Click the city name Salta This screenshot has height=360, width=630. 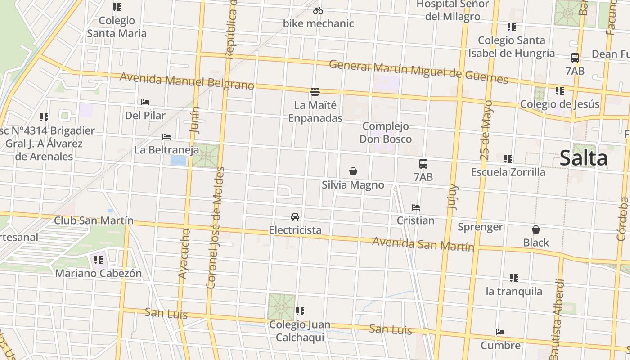pyautogui.click(x=584, y=158)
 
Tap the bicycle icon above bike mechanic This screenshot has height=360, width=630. pyautogui.click(x=318, y=10)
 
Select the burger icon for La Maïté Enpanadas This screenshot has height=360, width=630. pyautogui.click(x=315, y=92)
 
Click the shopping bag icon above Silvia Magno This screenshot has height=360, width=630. pyautogui.click(x=353, y=171)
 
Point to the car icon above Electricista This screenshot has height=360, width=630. pyautogui.click(x=295, y=216)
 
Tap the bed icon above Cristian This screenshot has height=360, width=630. pyautogui.click(x=415, y=207)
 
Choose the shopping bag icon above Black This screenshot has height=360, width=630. pyautogui.click(x=536, y=229)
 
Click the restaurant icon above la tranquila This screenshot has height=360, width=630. pyautogui.click(x=514, y=278)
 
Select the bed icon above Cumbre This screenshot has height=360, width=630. pyautogui.click(x=500, y=332)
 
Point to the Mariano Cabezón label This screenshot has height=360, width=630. pyautogui.click(x=98, y=273)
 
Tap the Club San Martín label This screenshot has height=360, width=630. pyautogui.click(x=94, y=220)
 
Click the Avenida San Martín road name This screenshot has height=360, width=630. pyautogui.click(x=423, y=244)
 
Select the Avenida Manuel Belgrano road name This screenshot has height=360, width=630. pyautogui.click(x=187, y=81)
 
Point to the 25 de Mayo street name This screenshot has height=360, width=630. pyautogui.click(x=486, y=130)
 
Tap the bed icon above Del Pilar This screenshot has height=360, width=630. pyautogui.click(x=145, y=102)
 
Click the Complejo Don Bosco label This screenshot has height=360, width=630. pyautogui.click(x=385, y=133)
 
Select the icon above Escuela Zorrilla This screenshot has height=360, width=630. pyautogui.click(x=508, y=159)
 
